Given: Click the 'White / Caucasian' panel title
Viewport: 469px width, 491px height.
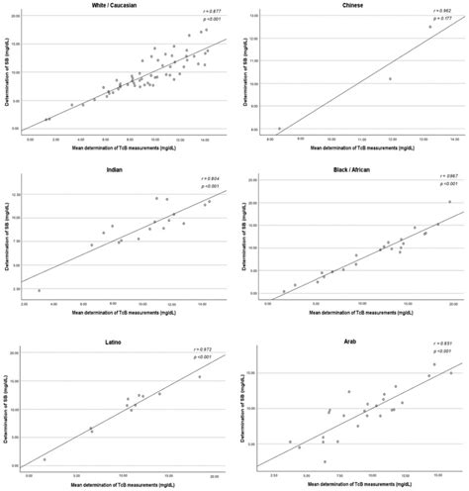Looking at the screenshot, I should pyautogui.click(x=121, y=6).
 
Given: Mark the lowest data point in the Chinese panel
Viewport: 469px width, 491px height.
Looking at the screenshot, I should pyautogui.click(x=279, y=129).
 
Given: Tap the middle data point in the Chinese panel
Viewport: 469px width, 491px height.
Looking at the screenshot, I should pyautogui.click(x=390, y=79).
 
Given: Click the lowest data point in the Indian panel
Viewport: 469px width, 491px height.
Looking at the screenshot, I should pyautogui.click(x=40, y=290).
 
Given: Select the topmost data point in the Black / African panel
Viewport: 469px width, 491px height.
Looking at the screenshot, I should pyautogui.click(x=449, y=202).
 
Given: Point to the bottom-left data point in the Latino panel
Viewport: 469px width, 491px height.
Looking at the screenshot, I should pyautogui.click(x=45, y=459).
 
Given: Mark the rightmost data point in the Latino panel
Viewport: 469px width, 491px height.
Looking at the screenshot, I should pyautogui.click(x=199, y=376).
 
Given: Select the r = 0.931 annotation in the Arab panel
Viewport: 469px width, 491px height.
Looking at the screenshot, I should pyautogui.click(x=437, y=344).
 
